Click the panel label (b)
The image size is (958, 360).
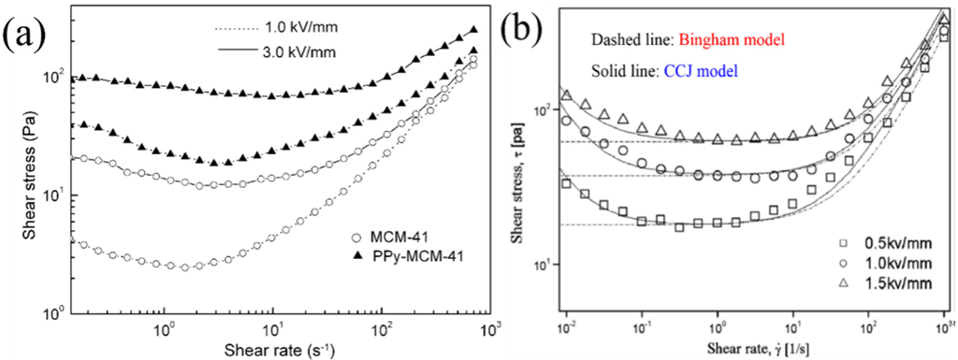[x=526, y=36]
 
